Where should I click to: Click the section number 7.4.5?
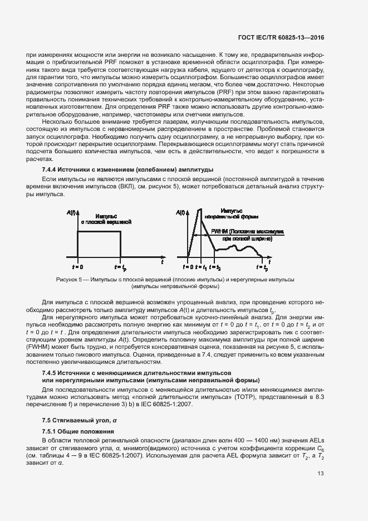[51, 372]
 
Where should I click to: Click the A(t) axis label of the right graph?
[181, 212]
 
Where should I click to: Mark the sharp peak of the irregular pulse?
[197, 209]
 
